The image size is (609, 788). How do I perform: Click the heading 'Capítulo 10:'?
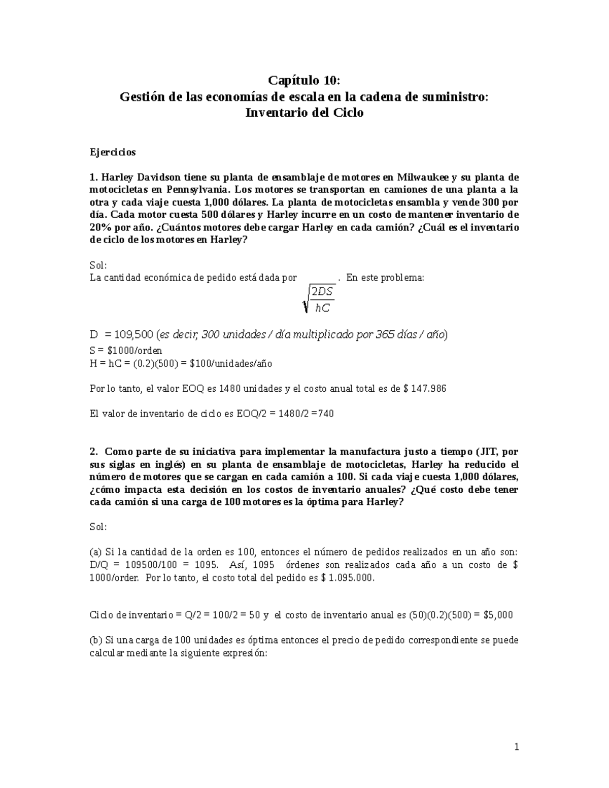304,81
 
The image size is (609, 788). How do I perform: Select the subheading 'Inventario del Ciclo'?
304,113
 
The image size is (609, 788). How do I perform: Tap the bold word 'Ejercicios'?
113,152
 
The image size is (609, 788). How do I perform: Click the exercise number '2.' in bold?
93,452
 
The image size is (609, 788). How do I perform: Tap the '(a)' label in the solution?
96,552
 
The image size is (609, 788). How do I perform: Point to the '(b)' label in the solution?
96,640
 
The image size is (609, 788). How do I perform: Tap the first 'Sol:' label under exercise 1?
98,265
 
